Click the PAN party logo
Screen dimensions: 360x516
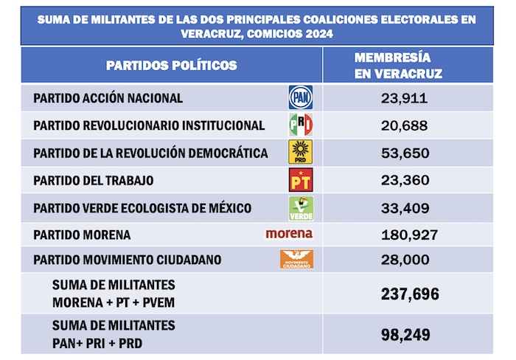coord(300,97)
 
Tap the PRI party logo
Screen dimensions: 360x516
coord(300,125)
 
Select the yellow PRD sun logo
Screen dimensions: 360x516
coord(300,152)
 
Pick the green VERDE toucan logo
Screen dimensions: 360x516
coord(300,207)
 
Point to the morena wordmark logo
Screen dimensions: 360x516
coord(289,234)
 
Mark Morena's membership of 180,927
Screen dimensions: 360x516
coord(403,235)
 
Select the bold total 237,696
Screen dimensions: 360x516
coord(403,294)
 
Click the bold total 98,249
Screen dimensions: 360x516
coord(403,334)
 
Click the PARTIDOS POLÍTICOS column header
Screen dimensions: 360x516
coord(172,66)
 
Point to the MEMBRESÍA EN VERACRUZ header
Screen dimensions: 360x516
coord(398,66)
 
